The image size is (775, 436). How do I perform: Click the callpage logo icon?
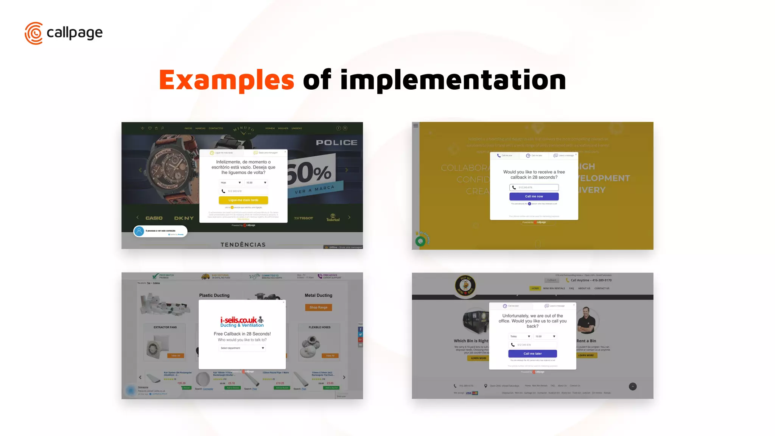[34, 33]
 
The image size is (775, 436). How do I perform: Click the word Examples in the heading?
[226, 80]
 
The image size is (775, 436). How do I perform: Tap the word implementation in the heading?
[453, 80]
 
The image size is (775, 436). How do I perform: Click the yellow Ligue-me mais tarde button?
[243, 200]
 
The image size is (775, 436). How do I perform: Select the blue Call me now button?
[534, 196]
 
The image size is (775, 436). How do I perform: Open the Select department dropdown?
[242, 348]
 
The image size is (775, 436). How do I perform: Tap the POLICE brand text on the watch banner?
[336, 143]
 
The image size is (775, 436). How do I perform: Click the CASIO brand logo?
[154, 218]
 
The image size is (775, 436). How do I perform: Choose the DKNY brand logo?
[184, 218]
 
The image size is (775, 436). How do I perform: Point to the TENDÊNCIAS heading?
[243, 245]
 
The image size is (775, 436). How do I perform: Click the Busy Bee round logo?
[465, 285]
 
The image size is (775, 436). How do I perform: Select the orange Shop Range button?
[318, 307]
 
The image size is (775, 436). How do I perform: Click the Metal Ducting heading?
[318, 295]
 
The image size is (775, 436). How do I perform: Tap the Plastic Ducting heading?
[214, 295]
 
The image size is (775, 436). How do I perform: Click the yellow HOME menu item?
[535, 288]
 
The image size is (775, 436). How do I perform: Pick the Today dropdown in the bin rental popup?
[520, 336]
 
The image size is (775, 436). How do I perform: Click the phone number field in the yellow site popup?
[534, 187]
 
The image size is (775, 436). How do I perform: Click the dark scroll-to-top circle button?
[633, 386]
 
